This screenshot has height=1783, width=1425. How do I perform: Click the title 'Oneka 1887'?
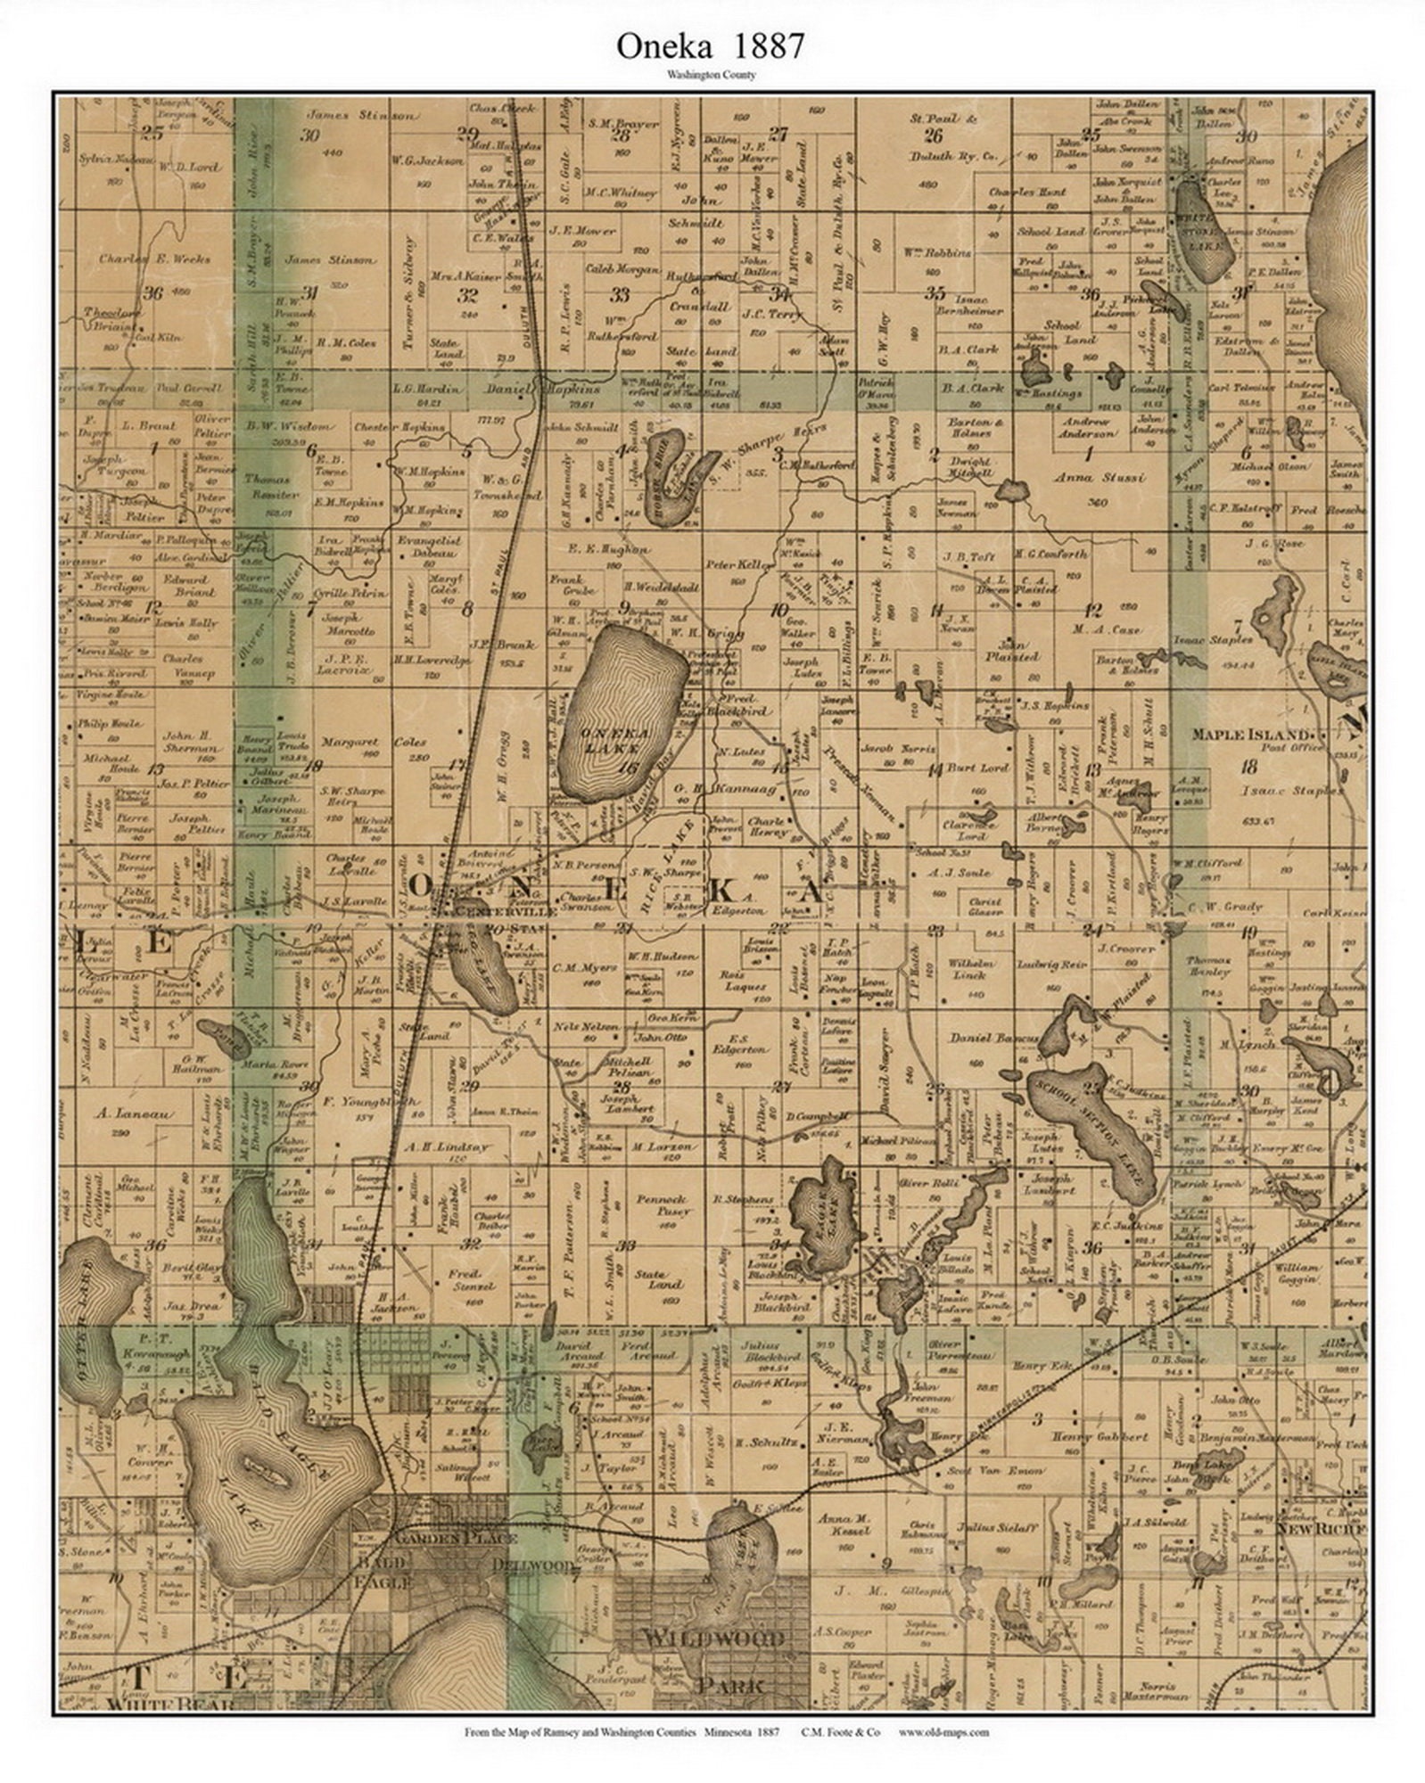pyautogui.click(x=711, y=46)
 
